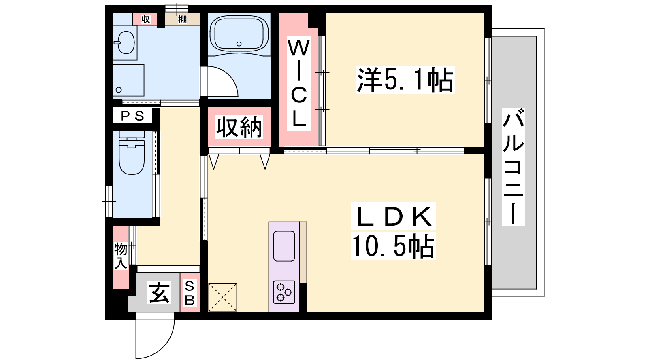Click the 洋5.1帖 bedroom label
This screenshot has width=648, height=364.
pyautogui.click(x=405, y=80)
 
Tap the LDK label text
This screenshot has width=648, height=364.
pyautogui.click(x=393, y=216)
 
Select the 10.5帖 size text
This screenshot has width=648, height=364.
pyautogui.click(x=393, y=245)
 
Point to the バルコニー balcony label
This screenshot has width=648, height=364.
pyautogui.click(x=514, y=167)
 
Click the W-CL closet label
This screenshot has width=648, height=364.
pyautogui.click(x=298, y=83)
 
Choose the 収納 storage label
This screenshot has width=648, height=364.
pyautogui.click(x=239, y=127)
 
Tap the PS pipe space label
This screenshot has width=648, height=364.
pyautogui.click(x=132, y=116)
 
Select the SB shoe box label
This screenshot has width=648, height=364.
pyautogui.click(x=190, y=293)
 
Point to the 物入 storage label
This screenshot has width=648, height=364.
pyautogui.click(x=121, y=256)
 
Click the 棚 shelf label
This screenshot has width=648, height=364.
pyautogui.click(x=182, y=20)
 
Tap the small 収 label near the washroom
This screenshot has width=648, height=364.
pyautogui.click(x=145, y=19)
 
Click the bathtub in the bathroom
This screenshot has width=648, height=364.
pyautogui.click(x=239, y=34)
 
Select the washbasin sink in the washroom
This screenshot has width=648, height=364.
pyautogui.click(x=125, y=42)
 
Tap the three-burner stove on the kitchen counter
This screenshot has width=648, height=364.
pyautogui.click(x=284, y=292)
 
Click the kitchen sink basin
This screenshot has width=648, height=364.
pyautogui.click(x=284, y=246)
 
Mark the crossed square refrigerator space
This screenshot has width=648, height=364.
pyautogui.click(x=222, y=297)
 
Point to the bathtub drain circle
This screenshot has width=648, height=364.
pyautogui.click(x=239, y=44)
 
